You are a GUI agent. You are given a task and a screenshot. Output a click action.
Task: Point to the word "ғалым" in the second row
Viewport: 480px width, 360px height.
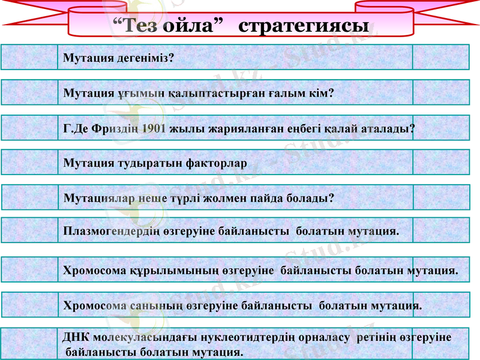point(299,93)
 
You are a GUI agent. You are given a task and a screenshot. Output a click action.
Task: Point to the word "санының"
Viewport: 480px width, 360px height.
point(152,305)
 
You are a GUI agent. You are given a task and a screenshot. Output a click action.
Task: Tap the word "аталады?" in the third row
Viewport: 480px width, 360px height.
point(389,128)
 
